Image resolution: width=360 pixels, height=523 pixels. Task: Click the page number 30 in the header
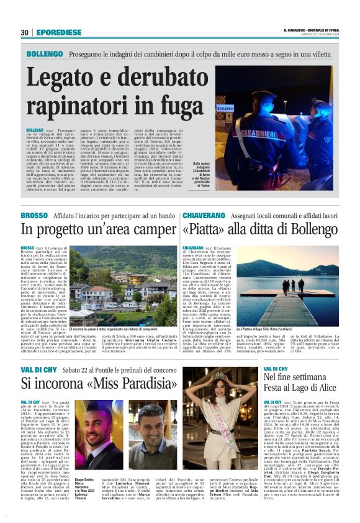tap(24, 33)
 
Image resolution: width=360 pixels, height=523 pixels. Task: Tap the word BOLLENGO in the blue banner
tap(44, 54)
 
